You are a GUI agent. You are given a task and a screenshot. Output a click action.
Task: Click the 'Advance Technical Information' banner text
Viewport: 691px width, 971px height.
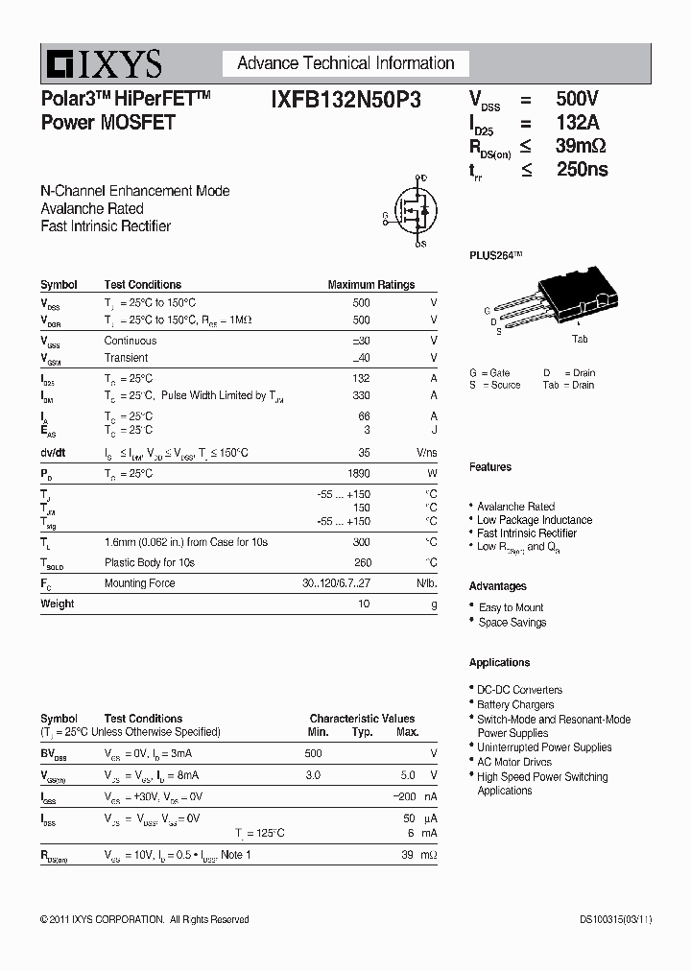pyautogui.click(x=345, y=63)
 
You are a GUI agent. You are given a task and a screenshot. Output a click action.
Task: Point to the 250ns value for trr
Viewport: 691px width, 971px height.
pyautogui.click(x=582, y=170)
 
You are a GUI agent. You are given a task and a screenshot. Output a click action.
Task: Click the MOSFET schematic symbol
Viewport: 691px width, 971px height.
pyautogui.click(x=411, y=211)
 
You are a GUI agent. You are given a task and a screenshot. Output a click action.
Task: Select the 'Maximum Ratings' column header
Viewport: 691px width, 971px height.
pyautogui.click(x=370, y=285)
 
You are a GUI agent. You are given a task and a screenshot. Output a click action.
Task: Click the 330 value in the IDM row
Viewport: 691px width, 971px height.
pyautogui.click(x=361, y=395)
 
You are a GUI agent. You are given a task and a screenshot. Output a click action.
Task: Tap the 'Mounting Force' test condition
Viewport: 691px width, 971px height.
pyautogui.click(x=139, y=583)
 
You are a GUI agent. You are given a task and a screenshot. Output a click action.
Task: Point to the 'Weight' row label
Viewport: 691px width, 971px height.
pyautogui.click(x=57, y=604)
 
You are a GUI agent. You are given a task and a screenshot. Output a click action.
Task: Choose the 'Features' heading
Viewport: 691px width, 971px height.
pyautogui.click(x=489, y=467)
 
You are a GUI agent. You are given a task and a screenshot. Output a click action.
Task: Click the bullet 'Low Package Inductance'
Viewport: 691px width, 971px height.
pyautogui.click(x=535, y=520)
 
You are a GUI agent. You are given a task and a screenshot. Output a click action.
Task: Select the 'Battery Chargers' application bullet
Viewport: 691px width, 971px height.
pyautogui.click(x=515, y=704)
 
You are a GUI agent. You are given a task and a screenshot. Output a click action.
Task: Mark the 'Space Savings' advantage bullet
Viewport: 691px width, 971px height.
pyautogui.click(x=512, y=622)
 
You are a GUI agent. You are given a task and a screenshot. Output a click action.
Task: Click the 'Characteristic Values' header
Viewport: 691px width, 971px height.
pyautogui.click(x=362, y=719)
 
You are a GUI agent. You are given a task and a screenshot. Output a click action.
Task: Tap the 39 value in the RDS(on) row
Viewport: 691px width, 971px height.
pyautogui.click(x=408, y=854)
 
